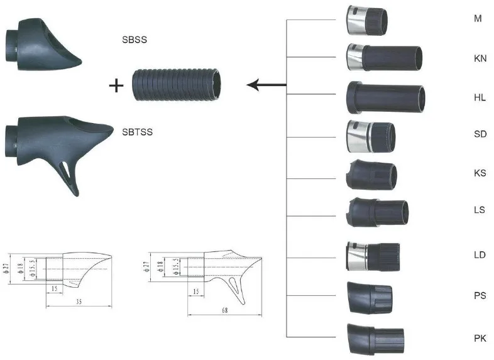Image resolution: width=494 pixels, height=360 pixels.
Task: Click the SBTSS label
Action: point(137,132)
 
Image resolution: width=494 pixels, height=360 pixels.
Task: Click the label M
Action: point(478,19)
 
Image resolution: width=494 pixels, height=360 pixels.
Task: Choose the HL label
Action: point(480,98)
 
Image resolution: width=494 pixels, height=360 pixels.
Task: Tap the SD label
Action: point(480,134)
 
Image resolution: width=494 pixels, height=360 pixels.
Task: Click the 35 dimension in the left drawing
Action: point(78,302)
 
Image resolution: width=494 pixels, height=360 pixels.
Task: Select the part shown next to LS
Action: point(378,212)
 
